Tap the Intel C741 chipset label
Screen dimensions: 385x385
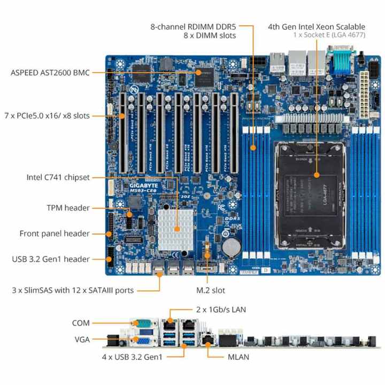[58, 177]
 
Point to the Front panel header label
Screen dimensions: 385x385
[54, 233]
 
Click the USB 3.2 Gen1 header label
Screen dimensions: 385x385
[50, 259]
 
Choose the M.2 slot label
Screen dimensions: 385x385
[210, 290]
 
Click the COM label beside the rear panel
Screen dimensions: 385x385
[81, 323]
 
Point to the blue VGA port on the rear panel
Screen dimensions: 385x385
[143, 338]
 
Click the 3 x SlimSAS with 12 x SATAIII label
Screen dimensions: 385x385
[73, 290]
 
